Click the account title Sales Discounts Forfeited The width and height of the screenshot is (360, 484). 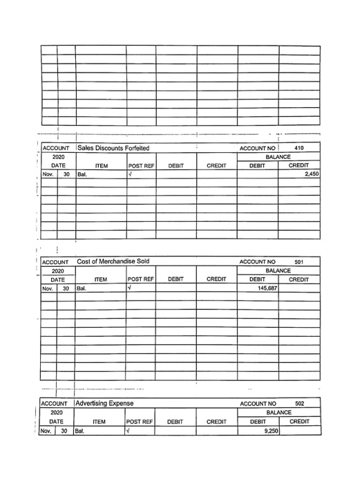(x=113, y=147)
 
